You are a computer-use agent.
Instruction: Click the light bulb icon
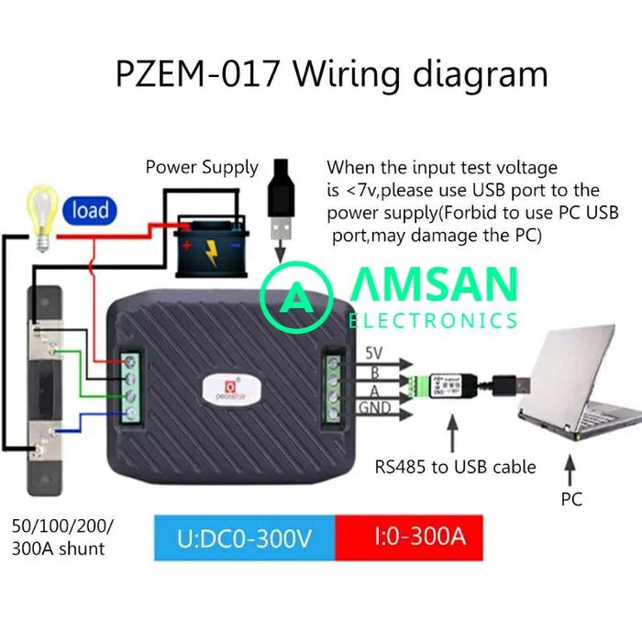pos(41,213)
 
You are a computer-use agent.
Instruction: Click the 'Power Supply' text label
pos(202,167)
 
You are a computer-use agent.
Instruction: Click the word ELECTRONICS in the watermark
pos(433,320)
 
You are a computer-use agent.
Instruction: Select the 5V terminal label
pos(374,353)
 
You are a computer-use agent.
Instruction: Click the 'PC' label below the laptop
pos(570,500)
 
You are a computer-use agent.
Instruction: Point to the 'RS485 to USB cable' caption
pos(455,467)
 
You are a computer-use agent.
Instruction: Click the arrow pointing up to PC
pos(570,470)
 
